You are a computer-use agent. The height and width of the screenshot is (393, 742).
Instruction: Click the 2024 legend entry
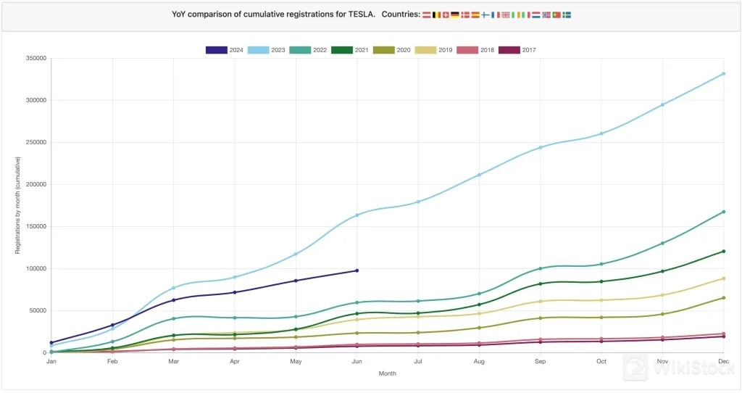point(225,50)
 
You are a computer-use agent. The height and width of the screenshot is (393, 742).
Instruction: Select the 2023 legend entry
point(267,50)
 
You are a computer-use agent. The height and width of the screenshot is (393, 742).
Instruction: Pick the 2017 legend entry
point(518,50)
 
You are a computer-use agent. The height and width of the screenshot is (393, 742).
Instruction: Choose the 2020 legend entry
point(393,50)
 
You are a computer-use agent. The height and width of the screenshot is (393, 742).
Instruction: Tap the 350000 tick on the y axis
point(35,58)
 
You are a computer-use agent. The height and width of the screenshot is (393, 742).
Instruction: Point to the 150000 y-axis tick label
point(35,226)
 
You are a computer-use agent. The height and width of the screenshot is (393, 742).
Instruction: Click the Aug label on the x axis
point(479,360)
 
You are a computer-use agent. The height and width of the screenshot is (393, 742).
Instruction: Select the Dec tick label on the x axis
point(723,360)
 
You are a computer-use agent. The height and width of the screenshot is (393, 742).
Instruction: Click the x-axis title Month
point(388,373)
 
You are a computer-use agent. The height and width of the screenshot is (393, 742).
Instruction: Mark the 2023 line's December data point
point(723,74)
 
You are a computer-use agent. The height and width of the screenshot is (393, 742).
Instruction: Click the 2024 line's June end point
point(357,270)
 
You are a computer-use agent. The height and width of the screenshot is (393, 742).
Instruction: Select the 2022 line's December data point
point(723,212)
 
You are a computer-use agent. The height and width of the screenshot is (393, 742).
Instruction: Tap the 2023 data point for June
point(357,215)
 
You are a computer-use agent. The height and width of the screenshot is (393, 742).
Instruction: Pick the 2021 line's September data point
point(540,284)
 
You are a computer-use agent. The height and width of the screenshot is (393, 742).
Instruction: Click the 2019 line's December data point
point(723,278)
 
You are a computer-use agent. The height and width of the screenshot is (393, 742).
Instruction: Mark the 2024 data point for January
point(51,342)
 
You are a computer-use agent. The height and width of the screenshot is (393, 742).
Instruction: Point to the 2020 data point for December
point(723,297)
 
